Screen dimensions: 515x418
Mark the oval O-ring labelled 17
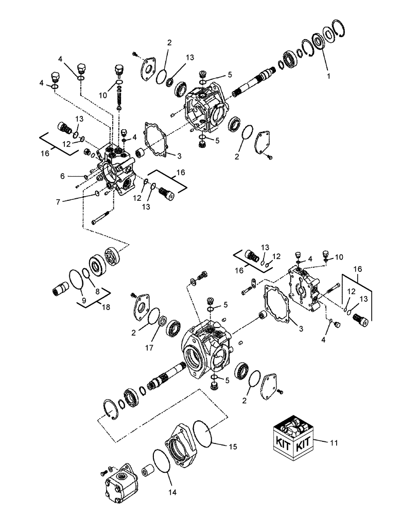[x=161, y=322]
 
